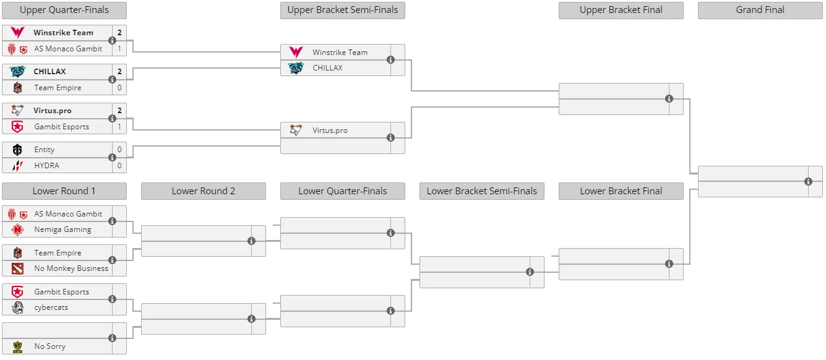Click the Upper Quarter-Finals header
[x=64, y=10]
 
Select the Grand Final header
[x=760, y=10]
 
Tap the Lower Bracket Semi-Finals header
[x=481, y=191]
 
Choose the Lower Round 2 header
[x=203, y=191]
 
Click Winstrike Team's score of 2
[x=119, y=33]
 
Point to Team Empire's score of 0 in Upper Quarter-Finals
[x=119, y=88]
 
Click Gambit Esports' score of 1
[x=119, y=127]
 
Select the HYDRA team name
[x=46, y=165]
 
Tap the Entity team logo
[x=17, y=150]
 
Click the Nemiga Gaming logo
[x=17, y=229]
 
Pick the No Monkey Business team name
[x=71, y=268]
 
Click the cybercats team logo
[x=17, y=307]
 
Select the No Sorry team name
[x=49, y=346]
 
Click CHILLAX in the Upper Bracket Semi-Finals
[x=327, y=68]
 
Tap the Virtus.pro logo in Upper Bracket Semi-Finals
[x=296, y=130]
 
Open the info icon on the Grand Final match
[x=808, y=181]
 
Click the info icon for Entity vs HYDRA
[x=112, y=157]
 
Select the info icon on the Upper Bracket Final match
[x=669, y=99]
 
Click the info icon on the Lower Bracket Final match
[x=669, y=264]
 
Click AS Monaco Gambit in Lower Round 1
[x=68, y=214]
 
